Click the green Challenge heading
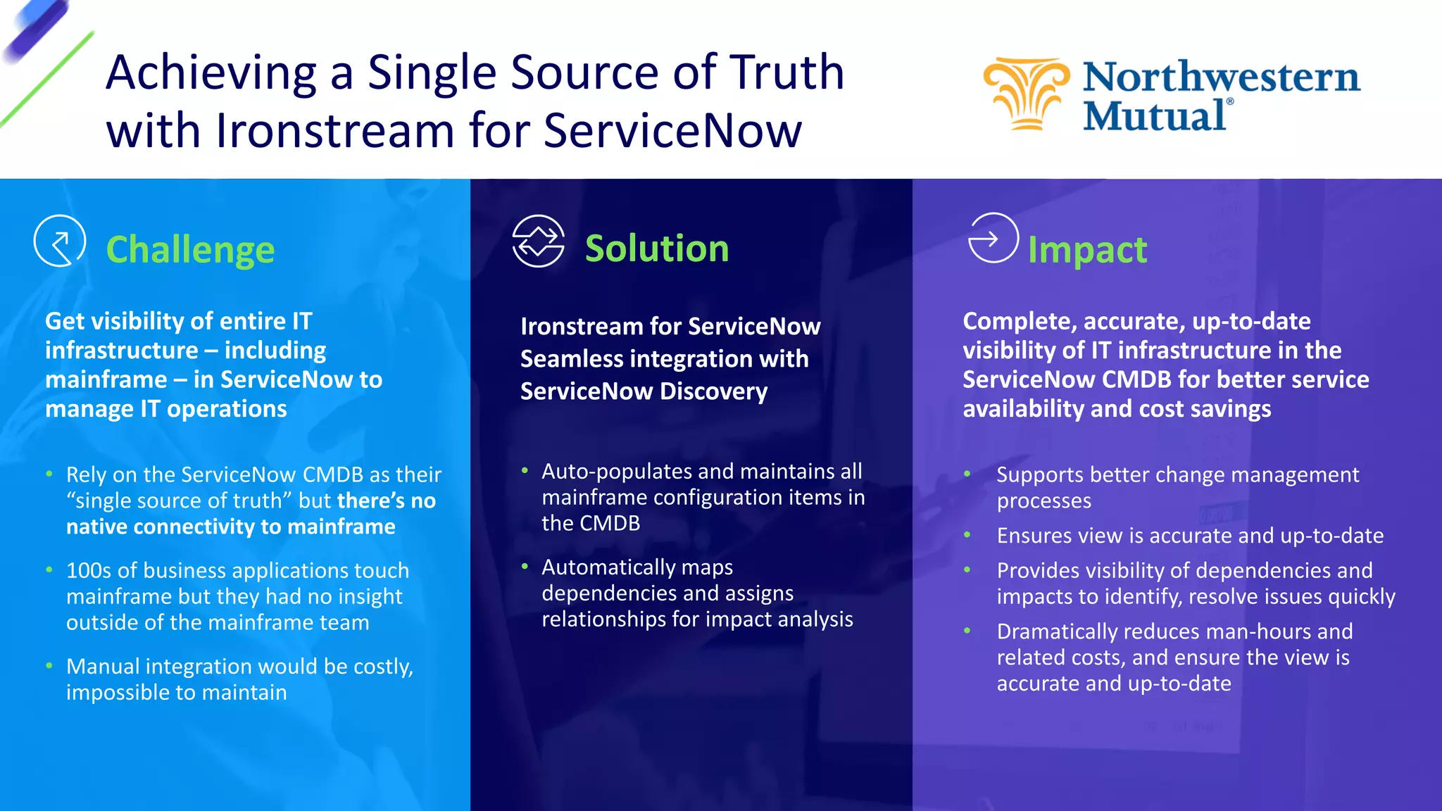190,250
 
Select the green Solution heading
656,249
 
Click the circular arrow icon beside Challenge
60,241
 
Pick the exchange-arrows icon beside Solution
538,241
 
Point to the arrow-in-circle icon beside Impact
993,238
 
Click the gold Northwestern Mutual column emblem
1027,94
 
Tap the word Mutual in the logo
1155,116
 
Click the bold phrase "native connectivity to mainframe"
230,527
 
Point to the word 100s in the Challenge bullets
89,570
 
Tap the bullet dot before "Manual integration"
49,665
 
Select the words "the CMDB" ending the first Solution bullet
590,523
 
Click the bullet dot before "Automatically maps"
525,566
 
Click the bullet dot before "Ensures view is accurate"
967,535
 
